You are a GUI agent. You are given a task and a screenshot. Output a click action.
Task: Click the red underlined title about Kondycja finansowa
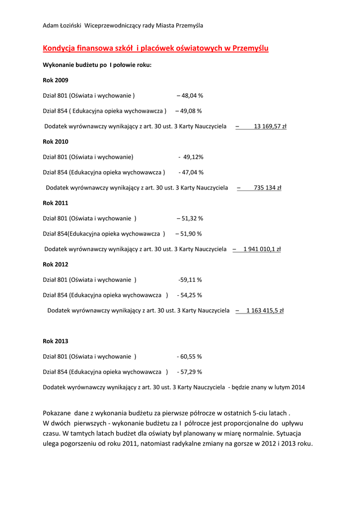[155, 48]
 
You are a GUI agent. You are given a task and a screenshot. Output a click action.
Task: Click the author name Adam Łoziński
[63, 25]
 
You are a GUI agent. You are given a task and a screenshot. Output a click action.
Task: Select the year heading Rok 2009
[56, 80]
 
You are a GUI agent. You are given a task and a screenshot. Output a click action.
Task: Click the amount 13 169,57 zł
[270, 127]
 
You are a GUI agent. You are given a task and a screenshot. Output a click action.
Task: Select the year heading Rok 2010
[56, 141]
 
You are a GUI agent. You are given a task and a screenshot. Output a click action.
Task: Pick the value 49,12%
[192, 157]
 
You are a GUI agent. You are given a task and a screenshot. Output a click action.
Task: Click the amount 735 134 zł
[268, 188]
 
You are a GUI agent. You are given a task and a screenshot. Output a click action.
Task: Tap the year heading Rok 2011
[56, 203]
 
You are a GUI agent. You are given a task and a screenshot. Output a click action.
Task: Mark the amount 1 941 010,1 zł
[262, 249]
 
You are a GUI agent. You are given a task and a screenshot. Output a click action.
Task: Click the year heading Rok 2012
[56, 264]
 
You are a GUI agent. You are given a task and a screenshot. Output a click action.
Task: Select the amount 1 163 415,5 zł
[265, 311]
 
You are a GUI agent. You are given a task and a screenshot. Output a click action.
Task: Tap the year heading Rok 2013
[56, 341]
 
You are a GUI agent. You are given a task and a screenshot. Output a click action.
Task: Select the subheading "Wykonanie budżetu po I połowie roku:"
[97, 65]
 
